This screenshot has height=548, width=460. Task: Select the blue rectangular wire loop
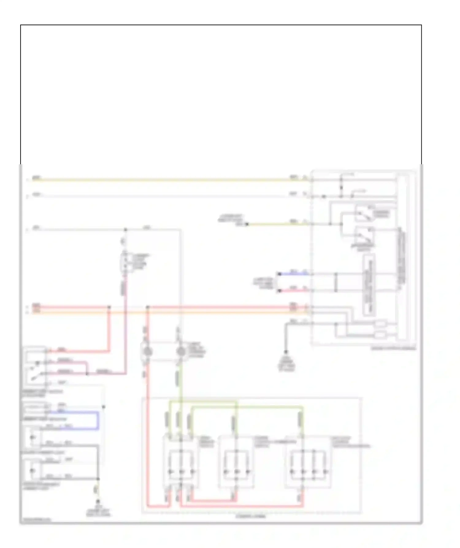(98, 420)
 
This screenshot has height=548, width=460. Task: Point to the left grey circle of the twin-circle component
(147, 352)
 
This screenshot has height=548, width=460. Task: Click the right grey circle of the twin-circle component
(181, 352)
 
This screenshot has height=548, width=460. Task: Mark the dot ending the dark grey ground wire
(286, 352)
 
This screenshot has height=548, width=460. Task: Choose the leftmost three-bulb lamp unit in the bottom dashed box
(181, 462)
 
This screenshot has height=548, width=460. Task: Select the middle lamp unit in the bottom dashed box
(236, 462)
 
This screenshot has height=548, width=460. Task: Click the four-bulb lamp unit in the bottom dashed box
(308, 462)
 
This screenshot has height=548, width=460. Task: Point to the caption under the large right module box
(393, 348)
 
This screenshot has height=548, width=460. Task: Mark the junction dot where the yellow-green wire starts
(247, 224)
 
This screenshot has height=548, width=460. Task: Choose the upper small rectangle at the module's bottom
(380, 323)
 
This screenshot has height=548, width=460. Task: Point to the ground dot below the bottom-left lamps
(98, 501)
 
